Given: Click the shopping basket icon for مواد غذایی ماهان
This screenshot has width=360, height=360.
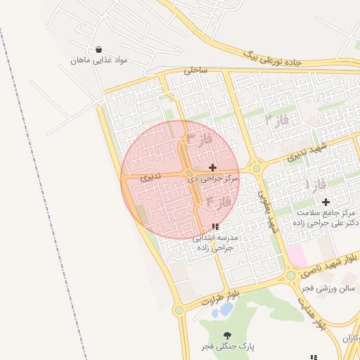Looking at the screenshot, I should (98, 50).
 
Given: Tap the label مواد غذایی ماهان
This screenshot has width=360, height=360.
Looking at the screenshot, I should (98, 61).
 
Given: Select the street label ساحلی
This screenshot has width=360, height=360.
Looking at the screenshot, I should (195, 70).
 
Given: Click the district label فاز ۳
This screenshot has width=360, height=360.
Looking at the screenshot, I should (200, 139).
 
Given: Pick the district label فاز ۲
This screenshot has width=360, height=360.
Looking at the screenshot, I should (277, 120).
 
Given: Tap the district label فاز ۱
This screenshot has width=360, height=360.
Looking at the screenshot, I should (316, 185).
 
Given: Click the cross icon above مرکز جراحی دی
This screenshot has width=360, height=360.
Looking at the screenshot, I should (213, 167).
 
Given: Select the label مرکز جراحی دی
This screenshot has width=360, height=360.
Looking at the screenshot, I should (213, 179).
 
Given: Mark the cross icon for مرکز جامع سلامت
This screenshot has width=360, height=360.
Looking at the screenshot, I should (326, 202).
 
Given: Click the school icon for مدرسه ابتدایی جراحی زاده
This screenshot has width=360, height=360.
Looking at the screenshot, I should (215, 226).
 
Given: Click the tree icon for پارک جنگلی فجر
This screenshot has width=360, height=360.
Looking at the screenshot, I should (226, 335).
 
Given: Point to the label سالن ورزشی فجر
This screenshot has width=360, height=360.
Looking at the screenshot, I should (326, 288).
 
